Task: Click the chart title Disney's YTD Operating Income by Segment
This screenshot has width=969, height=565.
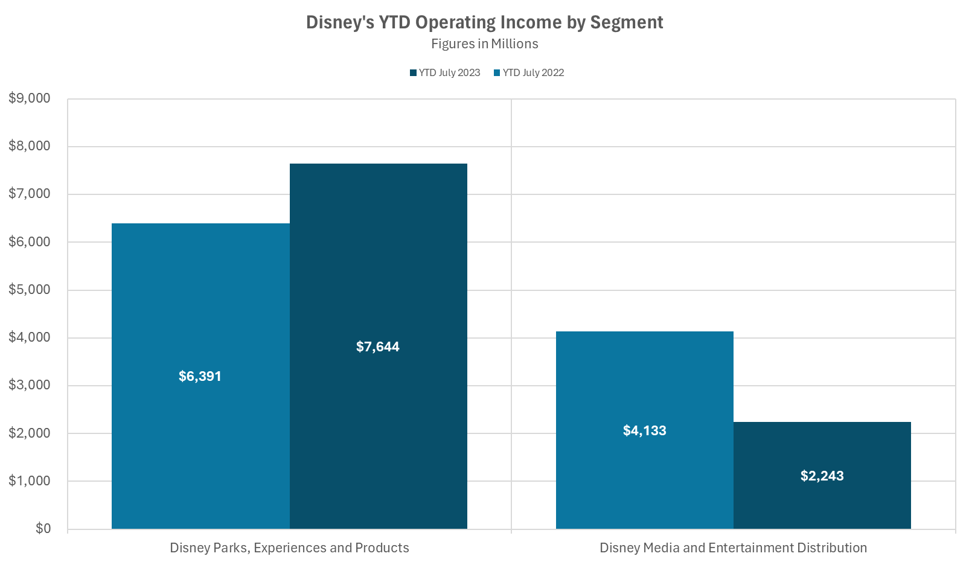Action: tap(484, 22)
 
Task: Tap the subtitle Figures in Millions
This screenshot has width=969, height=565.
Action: tap(484, 44)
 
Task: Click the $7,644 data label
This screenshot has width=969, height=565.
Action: tap(378, 347)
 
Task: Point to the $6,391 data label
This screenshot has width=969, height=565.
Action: tap(200, 377)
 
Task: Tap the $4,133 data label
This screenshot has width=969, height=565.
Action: tap(644, 431)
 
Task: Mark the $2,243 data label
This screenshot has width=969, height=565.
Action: tap(822, 476)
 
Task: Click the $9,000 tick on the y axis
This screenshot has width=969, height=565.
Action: tap(30, 98)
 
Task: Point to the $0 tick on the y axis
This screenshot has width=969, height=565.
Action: tap(43, 529)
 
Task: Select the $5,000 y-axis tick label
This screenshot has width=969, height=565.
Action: tap(30, 290)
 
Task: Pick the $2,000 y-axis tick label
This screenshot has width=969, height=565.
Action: tap(30, 433)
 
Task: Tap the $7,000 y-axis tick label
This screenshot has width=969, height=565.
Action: tap(30, 194)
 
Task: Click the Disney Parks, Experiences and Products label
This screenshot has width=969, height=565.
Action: tap(289, 548)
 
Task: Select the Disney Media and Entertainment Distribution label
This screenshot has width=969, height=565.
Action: tap(733, 548)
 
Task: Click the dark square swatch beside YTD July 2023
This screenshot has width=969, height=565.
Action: tap(413, 73)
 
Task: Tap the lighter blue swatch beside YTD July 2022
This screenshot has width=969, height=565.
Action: tap(497, 73)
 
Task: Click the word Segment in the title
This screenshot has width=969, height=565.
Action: tap(627, 22)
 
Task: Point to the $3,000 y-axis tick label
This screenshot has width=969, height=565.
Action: tap(30, 385)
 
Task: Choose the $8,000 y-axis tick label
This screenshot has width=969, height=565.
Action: tap(30, 146)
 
